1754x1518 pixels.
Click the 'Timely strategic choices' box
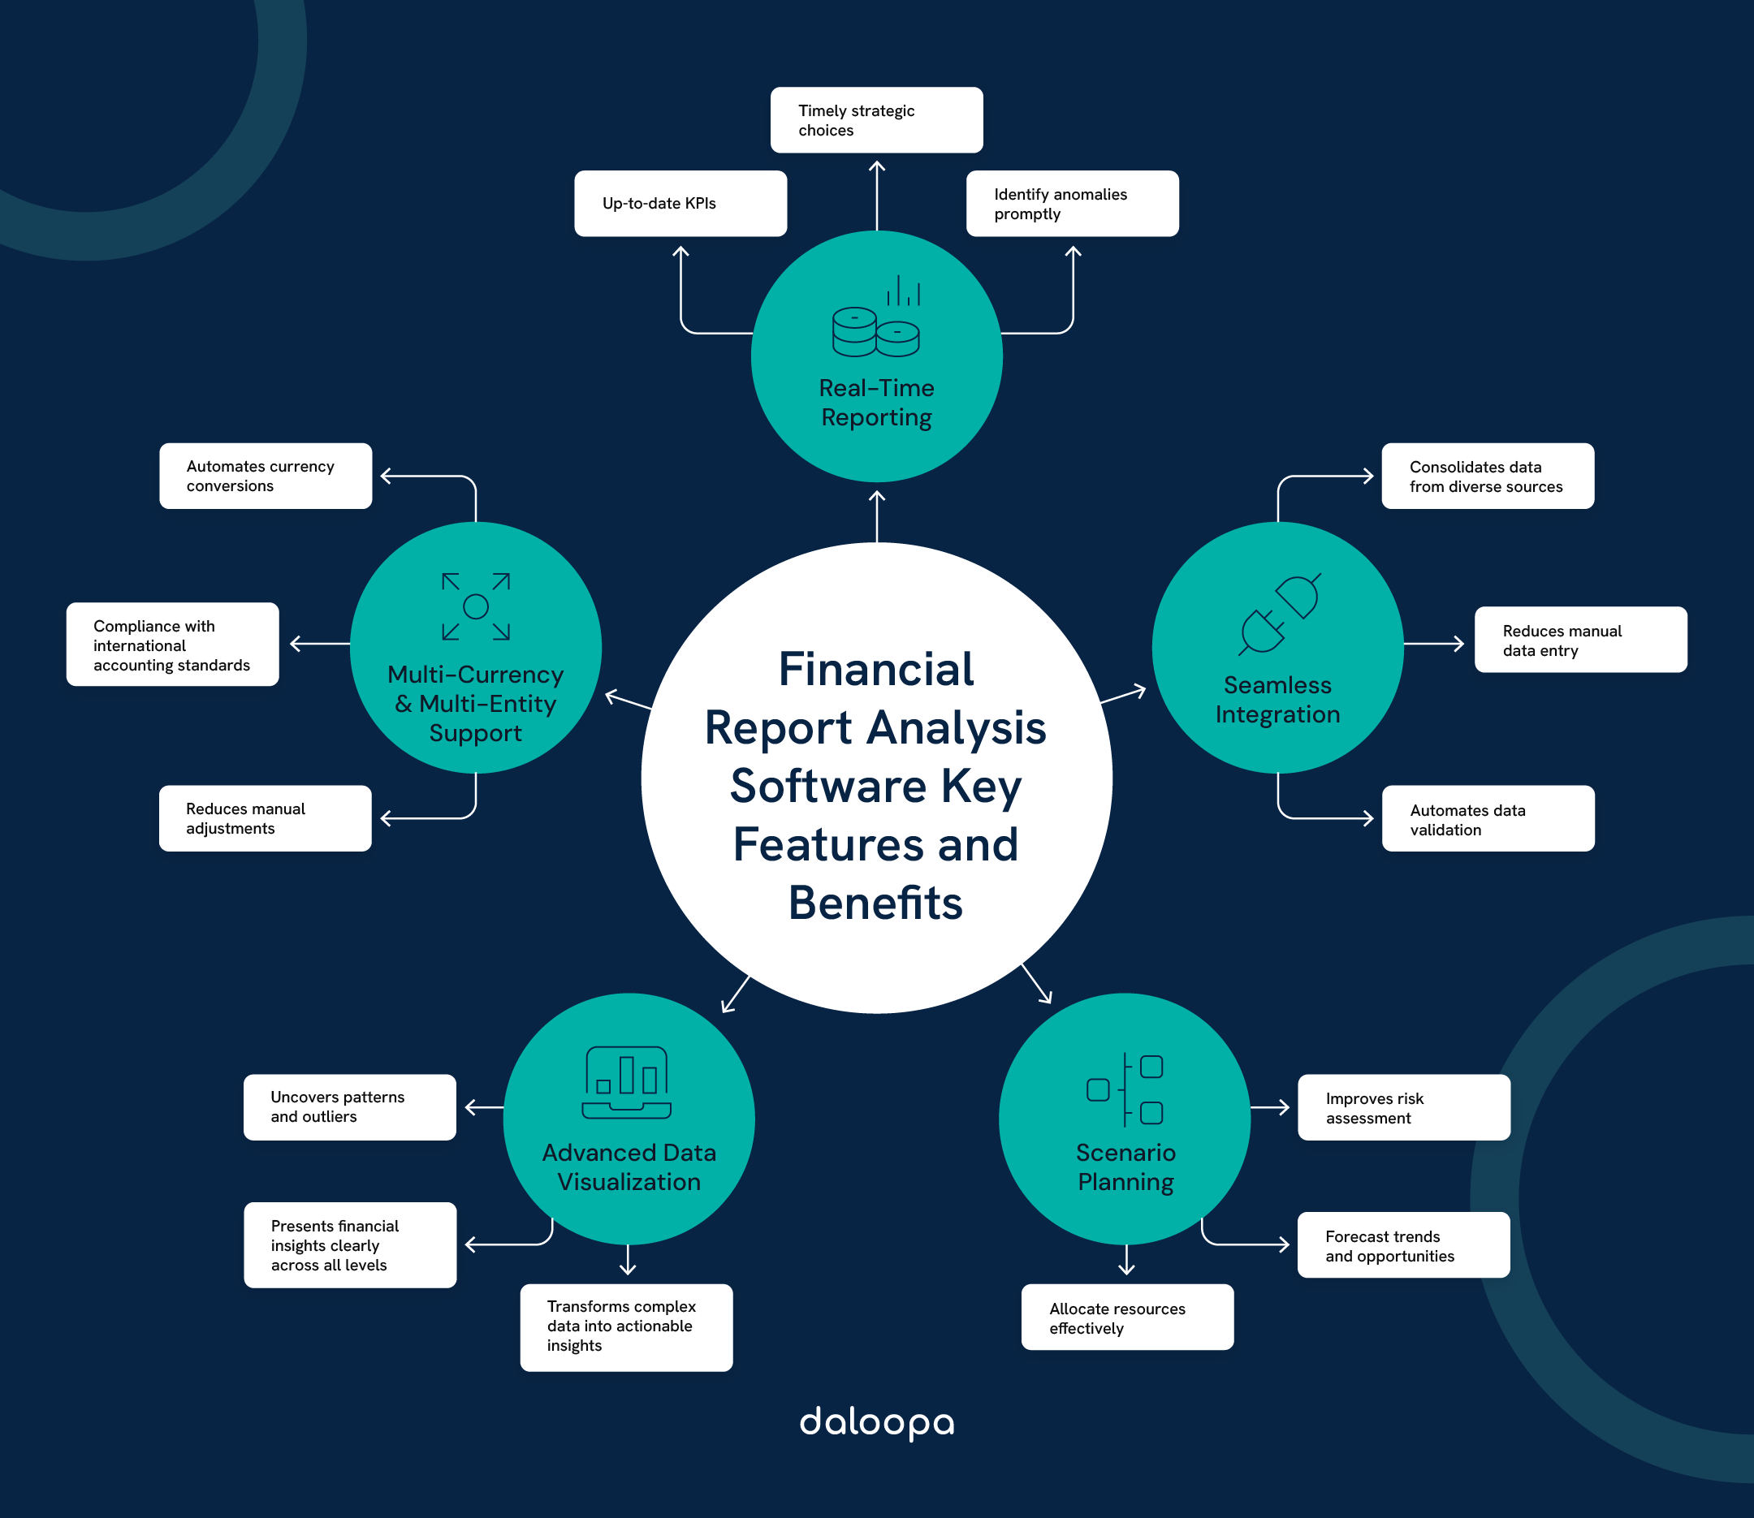876,120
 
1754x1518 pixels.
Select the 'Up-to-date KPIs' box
680,203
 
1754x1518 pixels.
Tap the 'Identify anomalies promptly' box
1072,203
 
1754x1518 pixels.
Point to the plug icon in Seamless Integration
1279,614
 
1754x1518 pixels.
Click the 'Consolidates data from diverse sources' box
1487,476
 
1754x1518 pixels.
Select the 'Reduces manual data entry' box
1580,640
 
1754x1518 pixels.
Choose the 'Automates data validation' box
1487,818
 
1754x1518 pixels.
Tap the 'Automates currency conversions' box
266,476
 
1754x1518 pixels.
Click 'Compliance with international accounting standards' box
172,645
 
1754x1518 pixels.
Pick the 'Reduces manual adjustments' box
266,818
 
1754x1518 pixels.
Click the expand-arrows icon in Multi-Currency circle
475,606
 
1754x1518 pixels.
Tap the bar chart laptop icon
627,1083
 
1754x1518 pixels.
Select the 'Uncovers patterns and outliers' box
349,1107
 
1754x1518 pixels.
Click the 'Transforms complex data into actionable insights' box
626,1326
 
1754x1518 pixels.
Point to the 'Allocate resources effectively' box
1127,1317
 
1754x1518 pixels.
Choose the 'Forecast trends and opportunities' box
1403,1245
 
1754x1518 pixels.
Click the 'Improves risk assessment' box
1403,1107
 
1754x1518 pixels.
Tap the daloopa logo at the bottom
876,1423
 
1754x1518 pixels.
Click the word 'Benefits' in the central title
875,903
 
